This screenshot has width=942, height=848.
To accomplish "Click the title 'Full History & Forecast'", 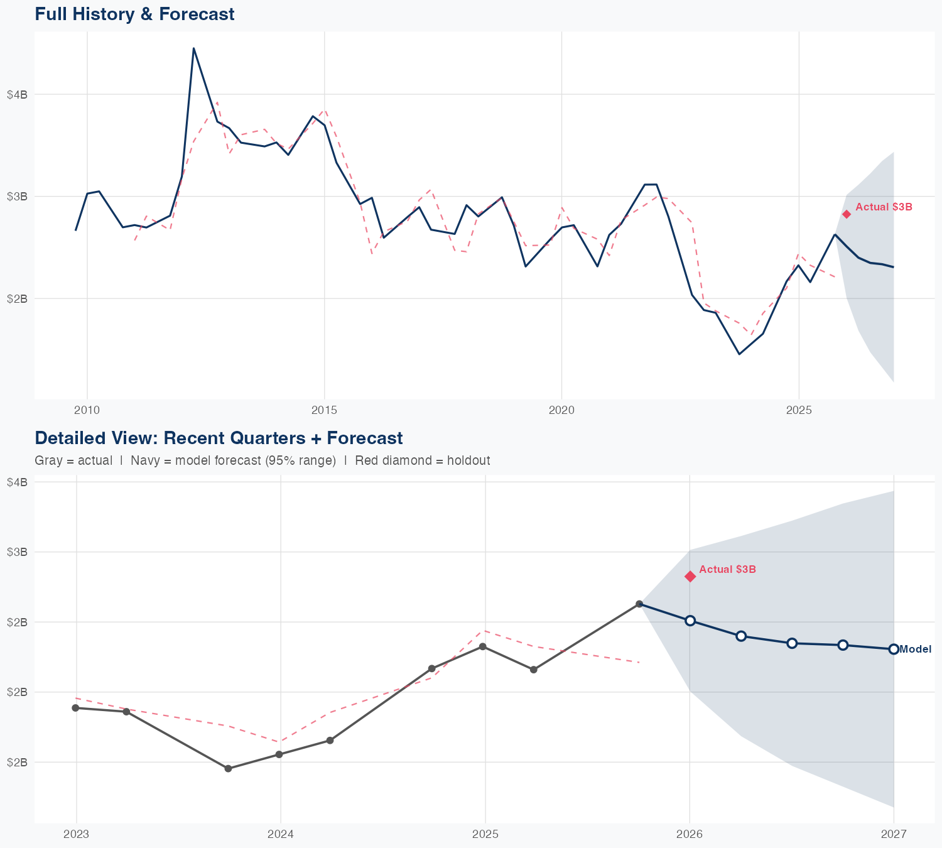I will [134, 14].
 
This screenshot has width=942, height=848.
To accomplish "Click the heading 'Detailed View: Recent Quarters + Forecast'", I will [219, 438].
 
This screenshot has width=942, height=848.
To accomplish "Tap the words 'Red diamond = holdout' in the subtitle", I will [422, 460].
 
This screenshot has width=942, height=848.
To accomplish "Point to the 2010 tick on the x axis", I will [87, 410].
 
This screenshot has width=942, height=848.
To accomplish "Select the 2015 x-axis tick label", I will [325, 410].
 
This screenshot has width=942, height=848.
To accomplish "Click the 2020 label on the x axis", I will [561, 410].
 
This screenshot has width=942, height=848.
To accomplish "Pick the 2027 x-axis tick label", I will [893, 834].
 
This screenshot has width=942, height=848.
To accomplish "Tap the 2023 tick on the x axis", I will [77, 834].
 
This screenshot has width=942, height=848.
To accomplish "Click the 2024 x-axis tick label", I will [281, 834].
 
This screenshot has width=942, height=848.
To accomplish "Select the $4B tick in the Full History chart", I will [17, 94].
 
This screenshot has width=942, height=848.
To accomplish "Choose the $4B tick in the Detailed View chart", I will [17, 482].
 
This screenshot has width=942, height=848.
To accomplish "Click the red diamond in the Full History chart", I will [847, 214].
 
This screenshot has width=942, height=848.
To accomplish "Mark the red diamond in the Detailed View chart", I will [690, 577].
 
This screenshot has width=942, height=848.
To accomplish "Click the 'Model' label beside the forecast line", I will [915, 650].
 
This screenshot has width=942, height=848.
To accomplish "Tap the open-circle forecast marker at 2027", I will [894, 649].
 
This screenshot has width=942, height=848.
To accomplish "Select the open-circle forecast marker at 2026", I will [690, 621].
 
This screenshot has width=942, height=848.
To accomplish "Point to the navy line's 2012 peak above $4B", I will [193, 48].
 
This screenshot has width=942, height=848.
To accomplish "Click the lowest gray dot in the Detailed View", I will [229, 768].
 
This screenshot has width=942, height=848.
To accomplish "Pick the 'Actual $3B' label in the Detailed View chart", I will [727, 569].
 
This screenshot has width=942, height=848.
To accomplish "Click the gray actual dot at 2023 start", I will [75, 708].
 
